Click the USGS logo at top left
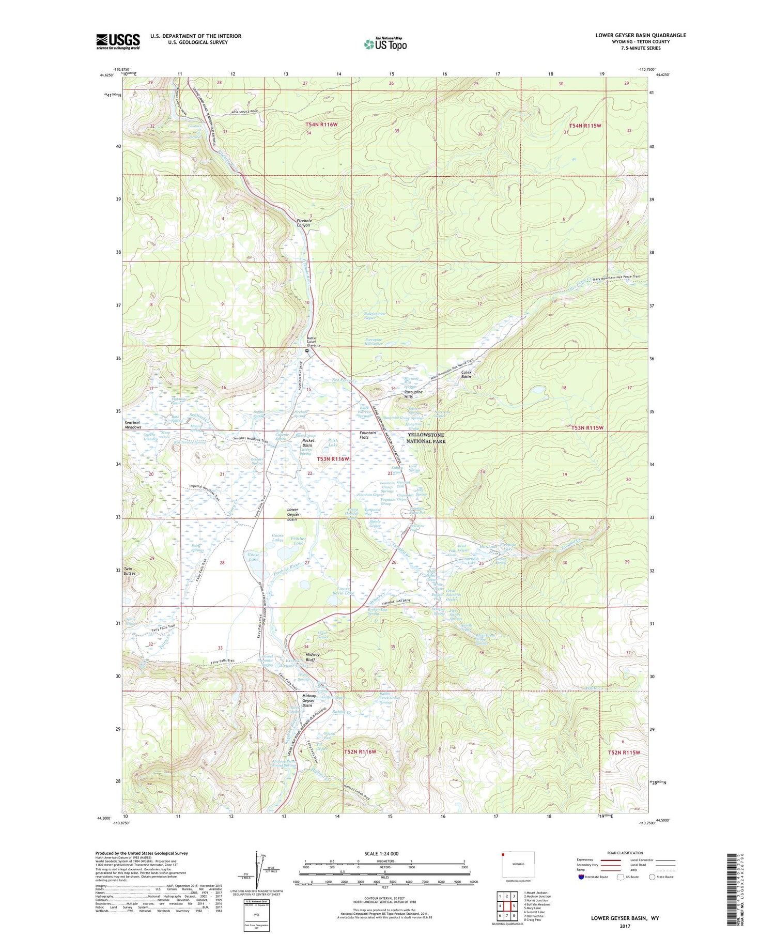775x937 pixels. click(x=118, y=41)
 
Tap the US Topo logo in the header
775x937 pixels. click(x=385, y=44)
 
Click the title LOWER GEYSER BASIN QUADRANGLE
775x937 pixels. click(x=640, y=35)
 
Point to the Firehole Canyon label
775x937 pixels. click(x=304, y=223)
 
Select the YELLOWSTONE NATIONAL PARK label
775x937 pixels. click(x=426, y=438)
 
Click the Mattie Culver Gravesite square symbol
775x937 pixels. click(x=307, y=351)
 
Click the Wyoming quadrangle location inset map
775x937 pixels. click(x=518, y=864)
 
